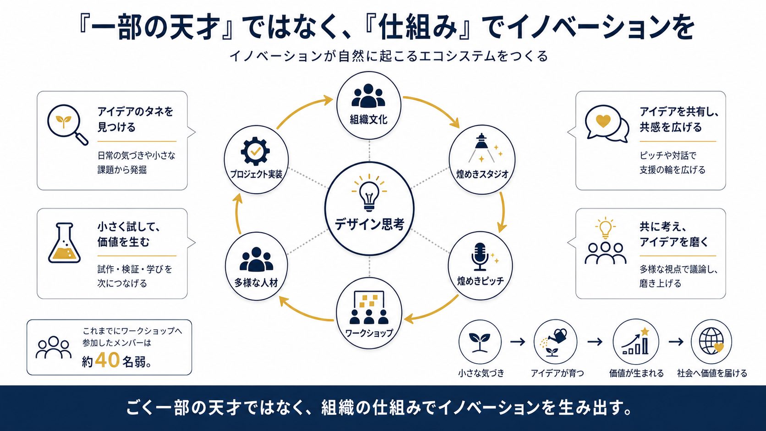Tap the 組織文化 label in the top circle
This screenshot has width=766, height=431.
369,119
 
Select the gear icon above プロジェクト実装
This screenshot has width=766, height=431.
255,151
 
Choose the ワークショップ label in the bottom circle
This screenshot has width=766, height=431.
369,333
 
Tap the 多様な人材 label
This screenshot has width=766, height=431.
256,283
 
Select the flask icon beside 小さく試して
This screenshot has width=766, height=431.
65,243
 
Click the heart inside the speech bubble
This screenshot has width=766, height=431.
603,120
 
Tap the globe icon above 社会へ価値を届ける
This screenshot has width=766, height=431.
711,342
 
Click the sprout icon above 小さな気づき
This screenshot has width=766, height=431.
480,342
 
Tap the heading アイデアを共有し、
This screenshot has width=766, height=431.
679,111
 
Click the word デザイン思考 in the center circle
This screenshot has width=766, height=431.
369,224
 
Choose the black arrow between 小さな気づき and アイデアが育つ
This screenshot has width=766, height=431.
517,341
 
